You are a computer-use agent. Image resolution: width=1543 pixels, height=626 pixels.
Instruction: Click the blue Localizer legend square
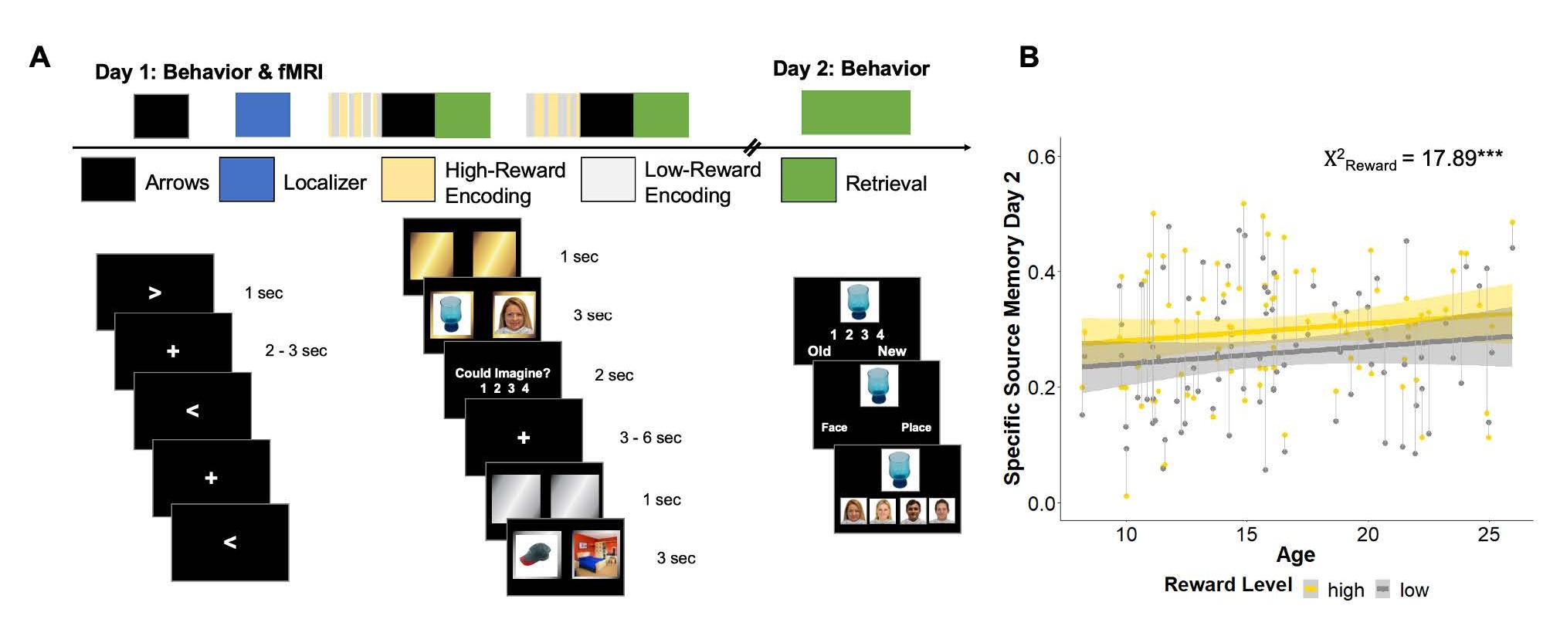[x=246, y=180]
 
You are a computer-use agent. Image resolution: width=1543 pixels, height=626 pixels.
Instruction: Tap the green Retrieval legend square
[x=808, y=181]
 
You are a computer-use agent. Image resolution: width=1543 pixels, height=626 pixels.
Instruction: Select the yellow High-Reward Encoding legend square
[x=408, y=180]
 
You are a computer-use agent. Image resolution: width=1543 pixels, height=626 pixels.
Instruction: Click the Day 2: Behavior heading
[x=851, y=69]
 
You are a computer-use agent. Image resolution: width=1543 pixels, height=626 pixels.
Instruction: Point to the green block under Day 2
[x=855, y=113]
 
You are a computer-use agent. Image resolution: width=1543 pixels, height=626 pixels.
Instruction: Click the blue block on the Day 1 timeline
[x=263, y=115]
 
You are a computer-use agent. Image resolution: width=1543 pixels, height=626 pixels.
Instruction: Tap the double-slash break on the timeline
[x=751, y=147]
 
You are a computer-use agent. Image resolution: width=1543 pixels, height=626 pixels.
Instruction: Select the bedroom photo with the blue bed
[x=595, y=554]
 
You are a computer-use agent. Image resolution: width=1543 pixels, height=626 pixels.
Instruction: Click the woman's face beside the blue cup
[x=514, y=315]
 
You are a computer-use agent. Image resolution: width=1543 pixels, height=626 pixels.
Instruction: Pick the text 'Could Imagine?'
[x=502, y=374]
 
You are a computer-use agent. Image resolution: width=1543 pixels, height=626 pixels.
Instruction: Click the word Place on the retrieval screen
[x=915, y=428]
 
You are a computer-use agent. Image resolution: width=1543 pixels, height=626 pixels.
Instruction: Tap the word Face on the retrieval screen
[x=834, y=428]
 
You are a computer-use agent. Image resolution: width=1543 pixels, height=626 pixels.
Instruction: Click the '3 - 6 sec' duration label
[x=650, y=438]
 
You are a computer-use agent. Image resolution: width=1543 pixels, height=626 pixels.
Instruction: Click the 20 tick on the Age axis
[x=1367, y=534]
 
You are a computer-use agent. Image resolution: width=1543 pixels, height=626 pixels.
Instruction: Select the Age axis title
[x=1295, y=555]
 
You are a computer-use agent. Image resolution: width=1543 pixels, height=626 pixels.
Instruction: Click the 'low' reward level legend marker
[x=1382, y=590]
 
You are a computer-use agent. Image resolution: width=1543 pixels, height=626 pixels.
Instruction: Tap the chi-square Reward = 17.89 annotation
[x=1412, y=159]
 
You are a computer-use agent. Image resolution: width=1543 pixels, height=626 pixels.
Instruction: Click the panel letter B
[x=1029, y=57]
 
